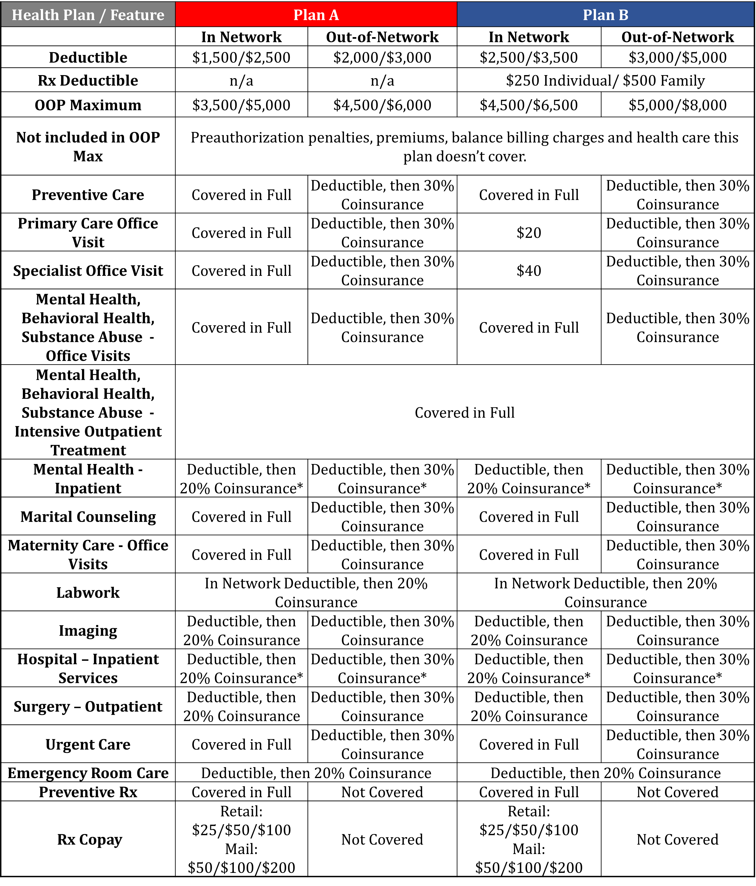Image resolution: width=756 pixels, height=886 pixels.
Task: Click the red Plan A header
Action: click(316, 15)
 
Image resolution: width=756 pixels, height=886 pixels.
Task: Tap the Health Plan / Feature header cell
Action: click(88, 15)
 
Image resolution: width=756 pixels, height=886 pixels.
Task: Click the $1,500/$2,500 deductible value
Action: click(241, 58)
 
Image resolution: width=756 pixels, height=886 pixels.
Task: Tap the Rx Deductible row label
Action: click(88, 81)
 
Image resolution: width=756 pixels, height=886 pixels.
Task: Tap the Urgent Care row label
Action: click(88, 744)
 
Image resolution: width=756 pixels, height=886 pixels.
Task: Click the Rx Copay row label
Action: click(90, 839)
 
